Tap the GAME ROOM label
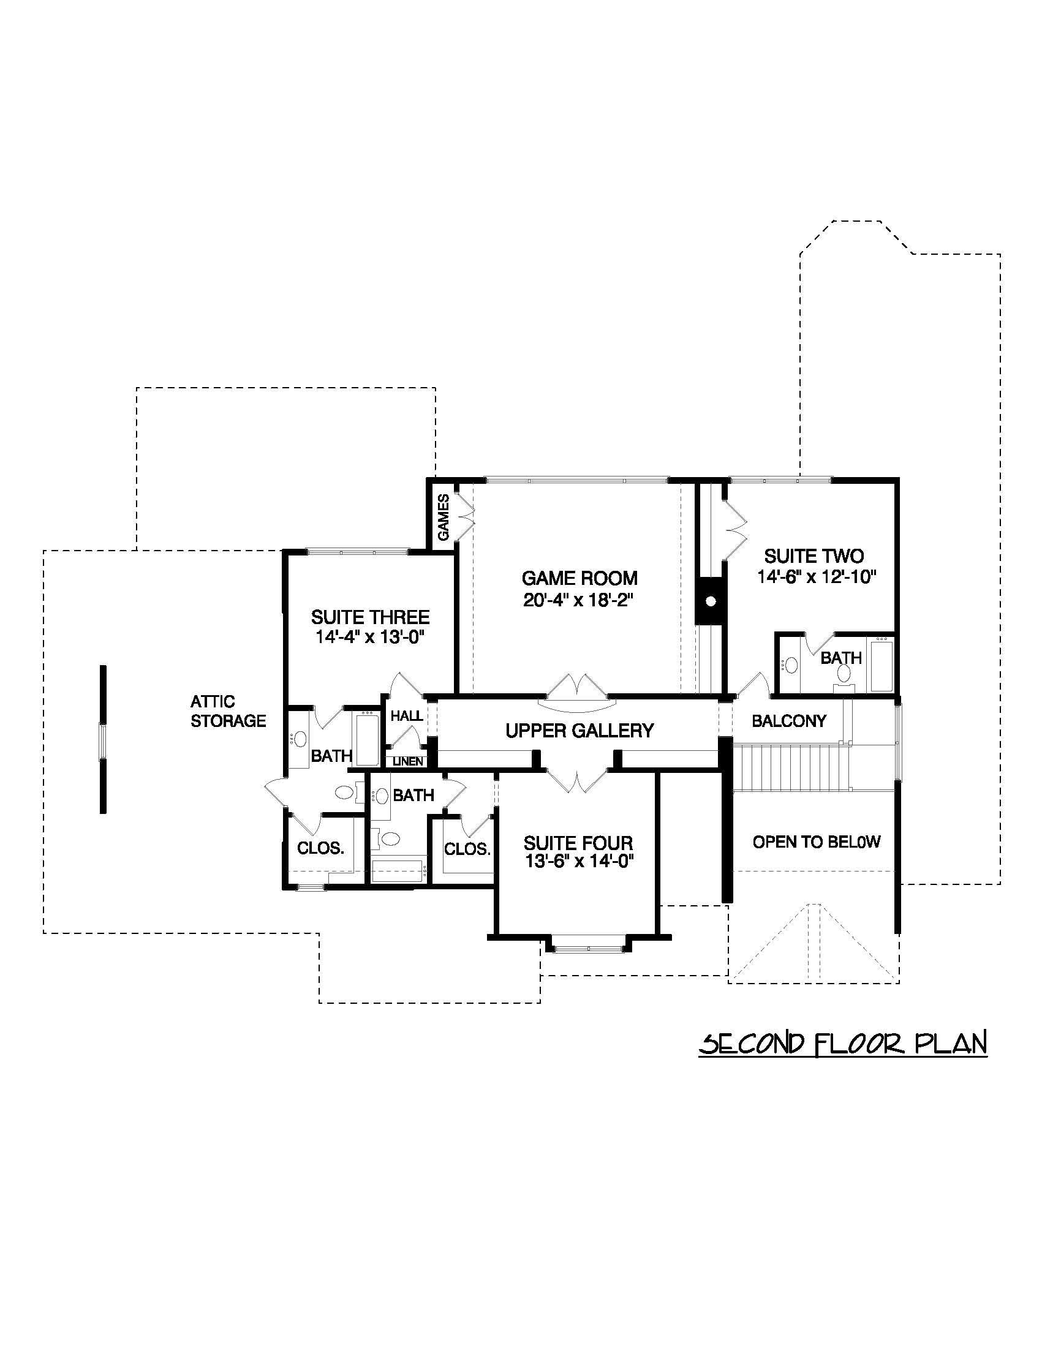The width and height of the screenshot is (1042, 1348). [579, 578]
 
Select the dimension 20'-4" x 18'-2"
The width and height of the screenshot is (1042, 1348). [579, 600]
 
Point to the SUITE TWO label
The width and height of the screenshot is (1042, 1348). [814, 556]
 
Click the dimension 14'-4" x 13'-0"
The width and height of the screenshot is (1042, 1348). [370, 637]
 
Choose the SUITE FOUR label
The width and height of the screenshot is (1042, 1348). [578, 843]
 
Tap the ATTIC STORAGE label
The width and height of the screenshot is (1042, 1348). [227, 711]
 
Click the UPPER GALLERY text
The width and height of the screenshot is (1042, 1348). [579, 731]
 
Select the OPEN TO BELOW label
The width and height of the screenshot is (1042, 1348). [816, 842]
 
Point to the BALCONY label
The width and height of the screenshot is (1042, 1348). [788, 721]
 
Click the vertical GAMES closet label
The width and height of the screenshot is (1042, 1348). [444, 518]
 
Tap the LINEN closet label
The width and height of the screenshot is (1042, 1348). [408, 762]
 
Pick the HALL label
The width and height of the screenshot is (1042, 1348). [407, 716]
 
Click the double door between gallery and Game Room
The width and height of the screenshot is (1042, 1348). [577, 691]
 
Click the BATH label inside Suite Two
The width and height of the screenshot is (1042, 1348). [840, 658]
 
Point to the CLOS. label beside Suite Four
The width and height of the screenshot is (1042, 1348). [467, 849]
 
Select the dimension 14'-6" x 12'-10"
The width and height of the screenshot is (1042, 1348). [817, 577]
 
